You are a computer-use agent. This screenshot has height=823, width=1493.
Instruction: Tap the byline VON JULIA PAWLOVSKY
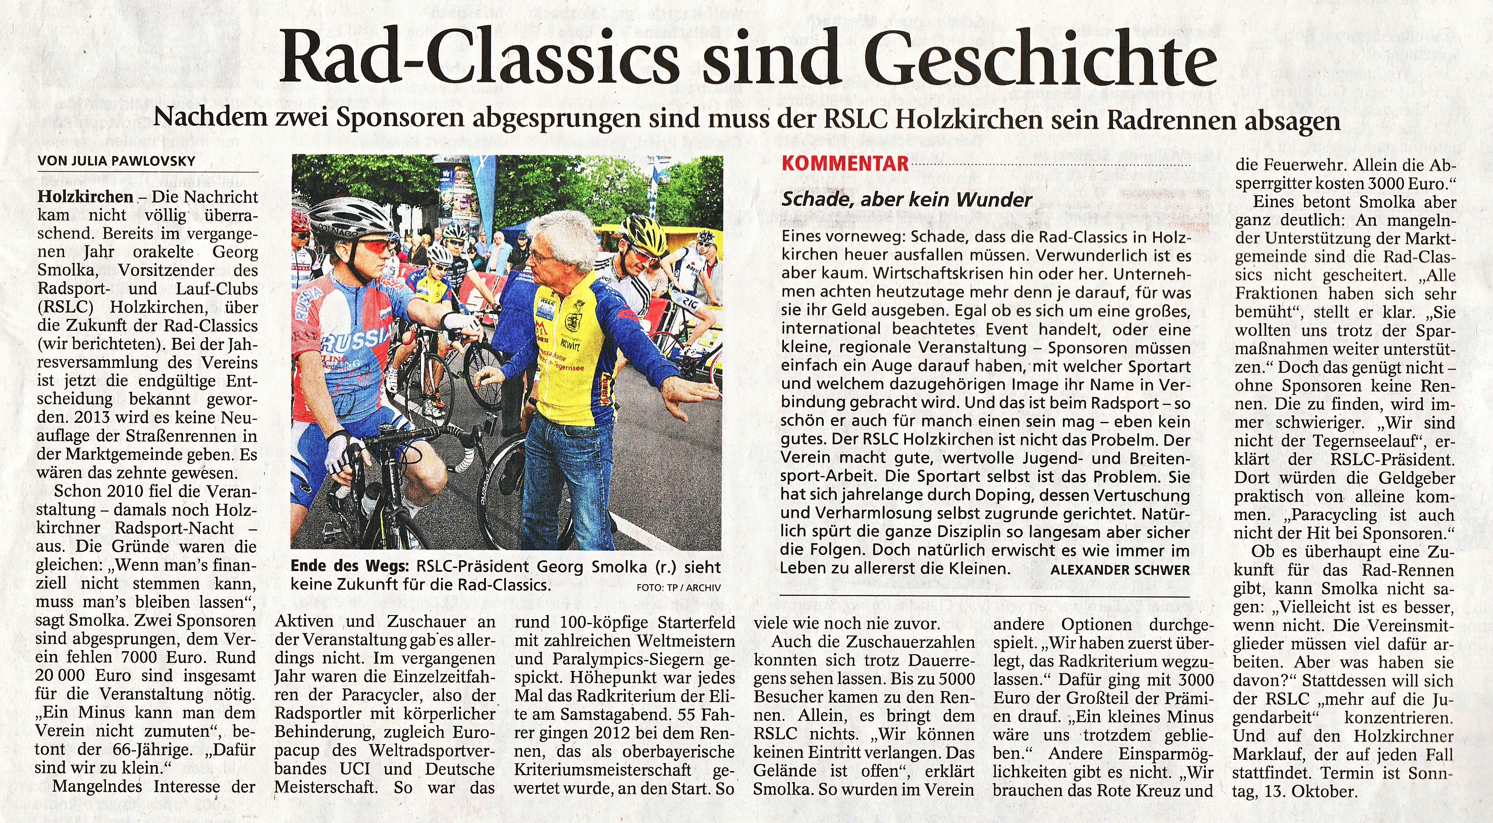click(x=116, y=161)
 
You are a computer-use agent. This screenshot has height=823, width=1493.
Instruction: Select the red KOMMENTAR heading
click(x=845, y=164)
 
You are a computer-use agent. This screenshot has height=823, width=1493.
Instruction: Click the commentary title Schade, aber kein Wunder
click(x=906, y=200)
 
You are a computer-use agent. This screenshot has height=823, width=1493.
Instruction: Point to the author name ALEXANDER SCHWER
click(x=1120, y=570)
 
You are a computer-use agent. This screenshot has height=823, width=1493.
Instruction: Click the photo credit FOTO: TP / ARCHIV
click(x=678, y=588)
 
